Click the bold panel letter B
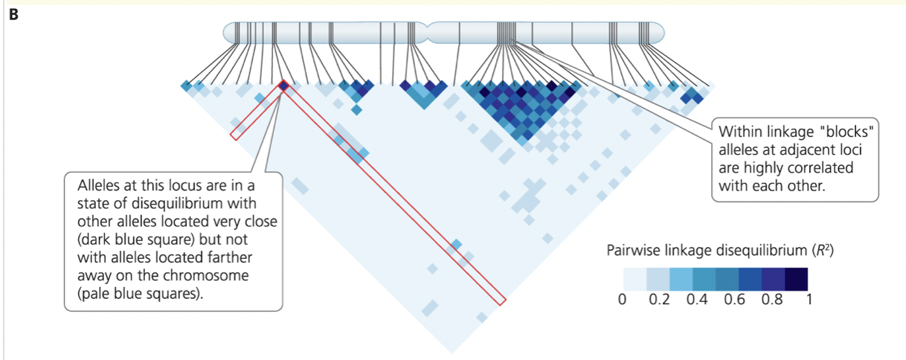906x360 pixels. click(13, 15)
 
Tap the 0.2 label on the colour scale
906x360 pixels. click(659, 300)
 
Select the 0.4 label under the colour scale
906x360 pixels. click(697, 300)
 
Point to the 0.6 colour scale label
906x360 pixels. click(734, 300)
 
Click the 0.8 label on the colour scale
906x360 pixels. click(772, 300)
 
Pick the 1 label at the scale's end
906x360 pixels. click(809, 300)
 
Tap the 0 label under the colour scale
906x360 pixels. click(622, 300)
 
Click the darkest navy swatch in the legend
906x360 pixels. click(797, 279)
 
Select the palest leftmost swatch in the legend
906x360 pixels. click(635, 279)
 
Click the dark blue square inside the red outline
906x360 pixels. click(283, 86)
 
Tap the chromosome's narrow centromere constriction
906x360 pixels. click(427, 33)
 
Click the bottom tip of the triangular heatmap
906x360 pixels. click(452, 353)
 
